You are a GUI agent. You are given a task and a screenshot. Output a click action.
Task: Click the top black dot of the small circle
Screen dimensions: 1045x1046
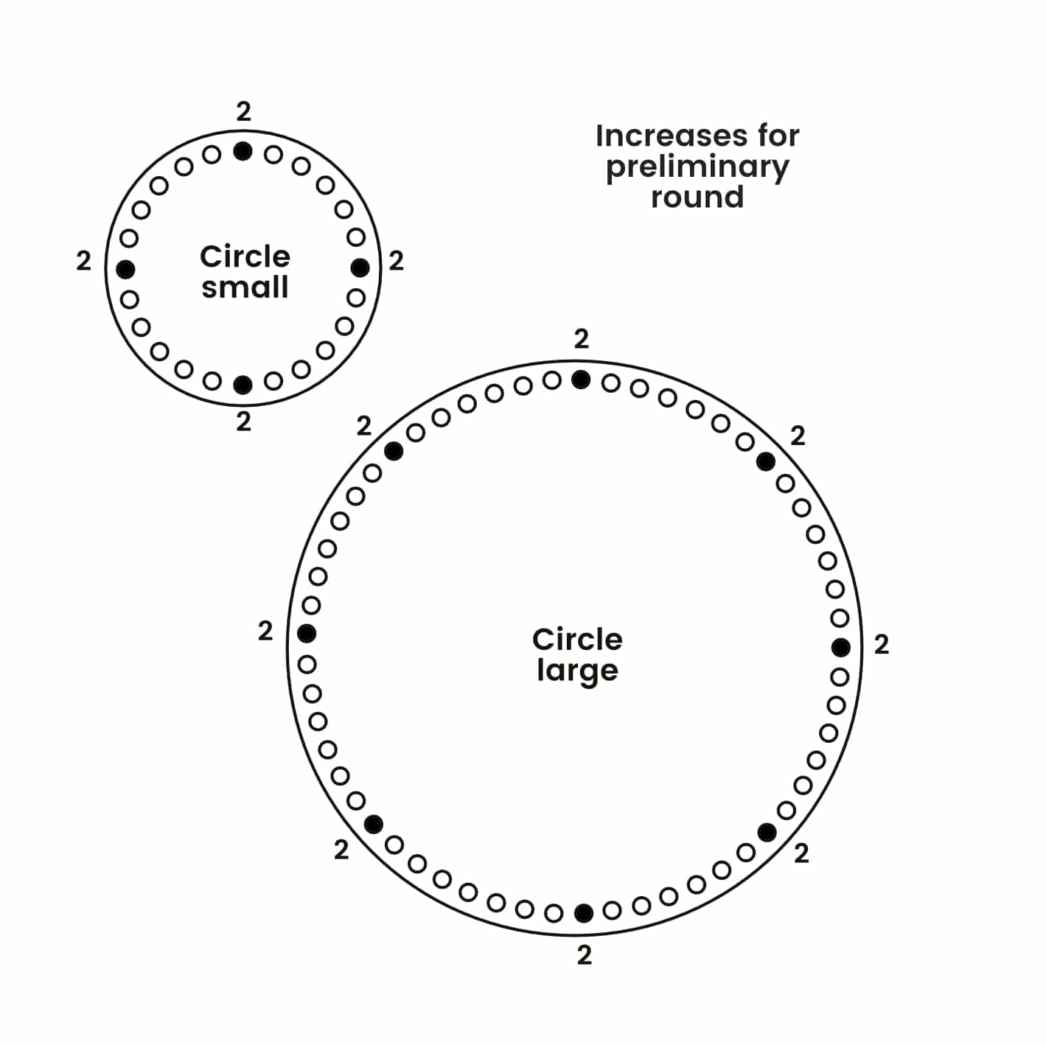[x=243, y=151]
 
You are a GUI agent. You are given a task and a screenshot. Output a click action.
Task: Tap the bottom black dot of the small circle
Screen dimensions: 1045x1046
[x=243, y=384]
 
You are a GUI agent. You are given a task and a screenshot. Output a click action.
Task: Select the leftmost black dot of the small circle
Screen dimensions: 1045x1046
[x=126, y=268]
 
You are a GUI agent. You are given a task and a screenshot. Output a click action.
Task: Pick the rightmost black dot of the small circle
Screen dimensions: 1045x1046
[x=360, y=267]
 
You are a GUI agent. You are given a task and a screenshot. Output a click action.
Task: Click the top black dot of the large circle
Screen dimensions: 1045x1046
[x=581, y=380]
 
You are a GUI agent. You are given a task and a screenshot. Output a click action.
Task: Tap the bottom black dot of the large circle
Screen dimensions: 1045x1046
[x=583, y=913]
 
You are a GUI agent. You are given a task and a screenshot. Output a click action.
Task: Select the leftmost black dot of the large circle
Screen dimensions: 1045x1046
[x=307, y=632]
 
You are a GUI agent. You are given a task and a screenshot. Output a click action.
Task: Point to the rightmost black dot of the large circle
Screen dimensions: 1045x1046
[x=841, y=647]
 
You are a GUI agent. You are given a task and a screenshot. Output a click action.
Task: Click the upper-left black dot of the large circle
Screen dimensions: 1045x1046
[x=394, y=450]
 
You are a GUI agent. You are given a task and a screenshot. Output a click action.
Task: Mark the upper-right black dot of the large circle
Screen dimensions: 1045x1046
[x=766, y=461]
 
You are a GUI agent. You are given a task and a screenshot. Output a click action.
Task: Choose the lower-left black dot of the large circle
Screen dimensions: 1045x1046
[x=374, y=823]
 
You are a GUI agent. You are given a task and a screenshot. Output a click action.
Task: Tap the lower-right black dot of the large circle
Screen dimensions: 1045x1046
[x=767, y=832]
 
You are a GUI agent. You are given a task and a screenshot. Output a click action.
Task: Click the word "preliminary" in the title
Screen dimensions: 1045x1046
[x=697, y=167]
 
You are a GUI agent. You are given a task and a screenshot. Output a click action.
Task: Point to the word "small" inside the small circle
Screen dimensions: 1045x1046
[x=245, y=287]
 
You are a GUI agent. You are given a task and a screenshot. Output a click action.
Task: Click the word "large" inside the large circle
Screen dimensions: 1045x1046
[x=577, y=671]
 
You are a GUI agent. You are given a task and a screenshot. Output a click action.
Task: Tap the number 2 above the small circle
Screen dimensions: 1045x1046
[x=243, y=112]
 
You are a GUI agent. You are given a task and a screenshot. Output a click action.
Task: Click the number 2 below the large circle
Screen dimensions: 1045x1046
[x=584, y=956]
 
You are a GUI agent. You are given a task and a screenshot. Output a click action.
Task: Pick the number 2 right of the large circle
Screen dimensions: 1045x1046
[x=882, y=645]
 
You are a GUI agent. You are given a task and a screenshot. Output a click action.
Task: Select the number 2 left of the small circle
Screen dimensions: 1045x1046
[x=83, y=261]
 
